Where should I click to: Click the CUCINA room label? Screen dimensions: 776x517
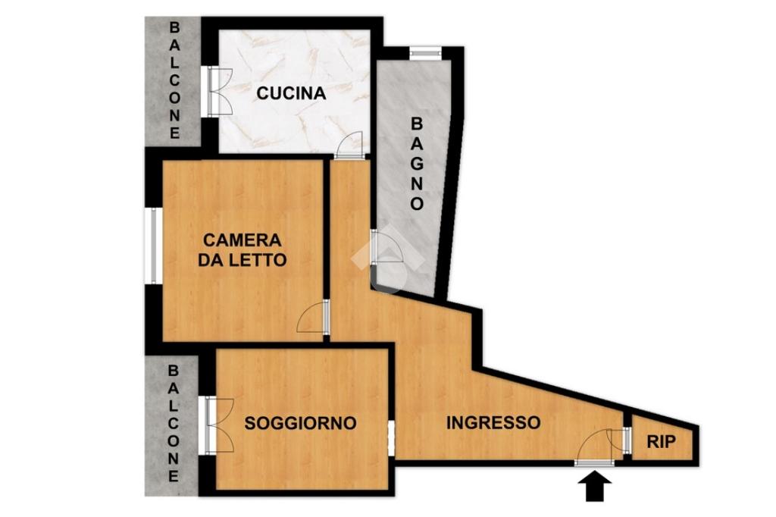tap(291, 93)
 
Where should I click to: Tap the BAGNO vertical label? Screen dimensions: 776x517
tap(418, 164)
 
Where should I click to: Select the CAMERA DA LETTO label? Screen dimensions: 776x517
tap(242, 249)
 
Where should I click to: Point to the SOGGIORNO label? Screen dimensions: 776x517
tap(300, 423)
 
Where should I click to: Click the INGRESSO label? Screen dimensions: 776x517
tap(493, 423)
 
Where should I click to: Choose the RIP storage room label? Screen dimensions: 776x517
tap(661, 442)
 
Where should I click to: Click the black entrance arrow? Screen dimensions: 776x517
tap(595, 486)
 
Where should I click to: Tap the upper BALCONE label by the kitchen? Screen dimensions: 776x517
tap(175, 80)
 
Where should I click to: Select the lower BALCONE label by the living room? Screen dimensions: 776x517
tap(174, 424)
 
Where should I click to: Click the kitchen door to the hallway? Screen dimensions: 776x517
tap(349, 145)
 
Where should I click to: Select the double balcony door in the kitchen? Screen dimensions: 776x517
tap(217, 92)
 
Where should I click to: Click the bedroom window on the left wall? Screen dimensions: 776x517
tap(153, 246)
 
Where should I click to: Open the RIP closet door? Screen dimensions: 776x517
tap(620, 440)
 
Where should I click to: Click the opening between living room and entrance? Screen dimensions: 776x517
tap(391, 436)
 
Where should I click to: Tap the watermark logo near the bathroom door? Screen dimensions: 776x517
tap(389, 258)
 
